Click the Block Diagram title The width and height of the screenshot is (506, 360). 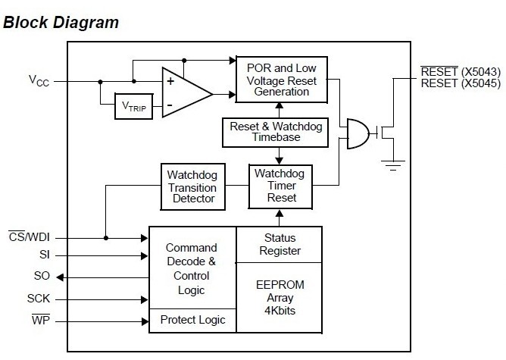61,22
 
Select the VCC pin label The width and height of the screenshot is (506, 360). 39,80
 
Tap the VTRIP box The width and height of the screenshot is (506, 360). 133,106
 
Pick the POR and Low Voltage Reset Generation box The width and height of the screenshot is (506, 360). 283,80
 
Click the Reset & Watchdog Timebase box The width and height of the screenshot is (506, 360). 276,133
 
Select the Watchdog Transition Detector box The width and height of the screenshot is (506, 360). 192,186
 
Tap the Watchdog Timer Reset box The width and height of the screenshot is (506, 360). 280,186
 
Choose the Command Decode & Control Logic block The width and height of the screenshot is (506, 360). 192,268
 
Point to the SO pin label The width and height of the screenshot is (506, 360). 42,276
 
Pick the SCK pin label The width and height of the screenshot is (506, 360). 39,299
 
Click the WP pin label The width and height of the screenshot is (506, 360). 41,321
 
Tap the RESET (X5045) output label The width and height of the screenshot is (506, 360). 461,83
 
